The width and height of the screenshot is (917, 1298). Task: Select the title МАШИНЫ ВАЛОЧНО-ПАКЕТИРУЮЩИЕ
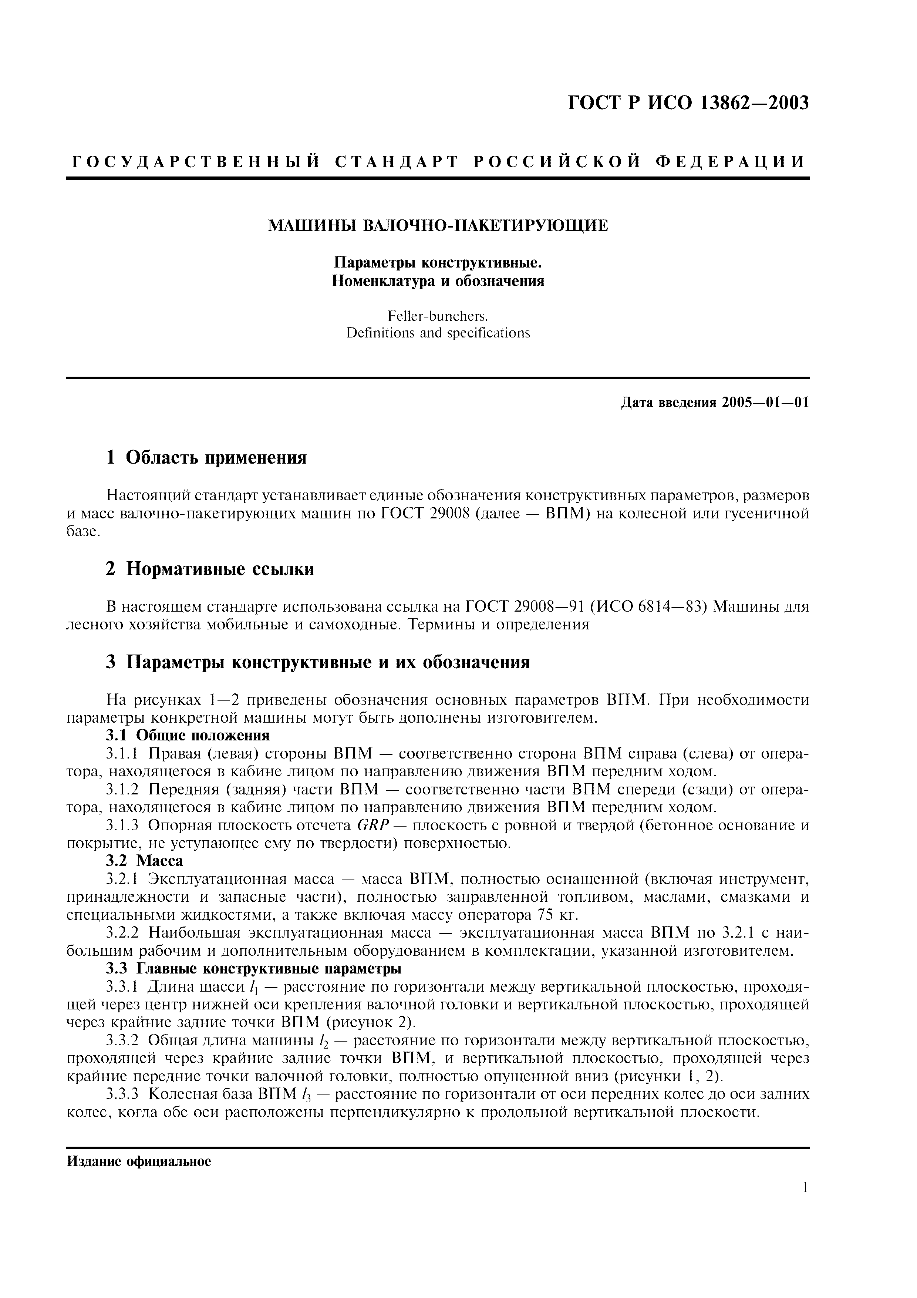click(x=438, y=226)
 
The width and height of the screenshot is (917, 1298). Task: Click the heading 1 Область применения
click(x=206, y=457)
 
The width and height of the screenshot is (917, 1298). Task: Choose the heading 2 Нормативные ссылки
click(x=210, y=569)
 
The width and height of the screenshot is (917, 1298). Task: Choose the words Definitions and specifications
click(x=438, y=333)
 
